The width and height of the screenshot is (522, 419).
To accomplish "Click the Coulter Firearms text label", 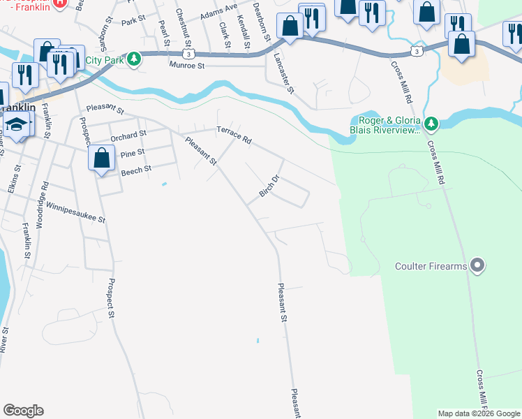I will (x=431, y=266).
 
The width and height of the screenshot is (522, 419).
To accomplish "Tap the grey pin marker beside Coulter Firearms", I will (x=478, y=265).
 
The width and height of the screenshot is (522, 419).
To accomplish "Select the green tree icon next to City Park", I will (x=133, y=59).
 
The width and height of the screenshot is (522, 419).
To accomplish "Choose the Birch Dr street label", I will (x=269, y=186).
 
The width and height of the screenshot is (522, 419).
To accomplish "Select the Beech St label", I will (x=136, y=170).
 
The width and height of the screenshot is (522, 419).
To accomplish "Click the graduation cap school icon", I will (x=15, y=125).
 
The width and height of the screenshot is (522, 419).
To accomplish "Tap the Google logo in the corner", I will (x=23, y=411).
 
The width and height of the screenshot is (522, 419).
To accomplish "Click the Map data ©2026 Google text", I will (x=478, y=413).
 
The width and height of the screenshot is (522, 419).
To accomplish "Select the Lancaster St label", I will (x=285, y=73).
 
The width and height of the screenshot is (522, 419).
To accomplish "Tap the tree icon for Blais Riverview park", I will (x=431, y=124).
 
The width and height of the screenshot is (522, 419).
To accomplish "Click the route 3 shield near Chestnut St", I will (x=188, y=53).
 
